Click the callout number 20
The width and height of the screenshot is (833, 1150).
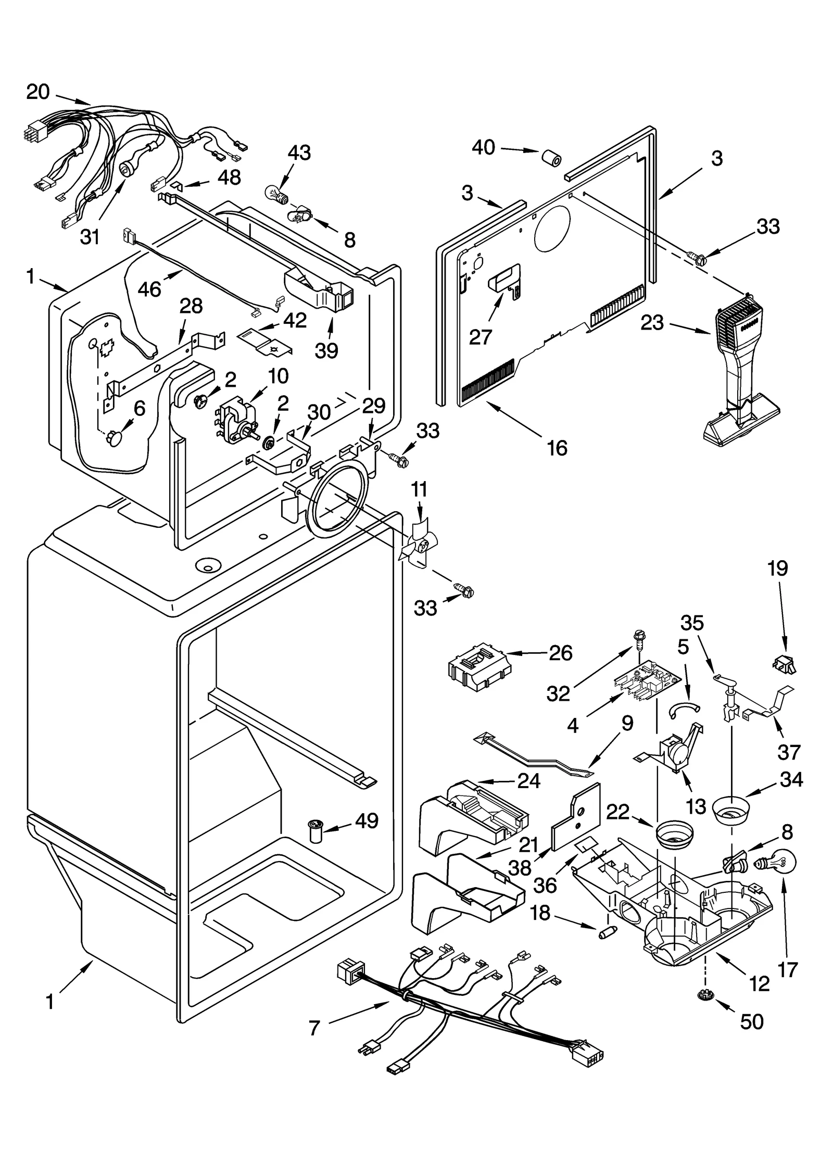point(37,92)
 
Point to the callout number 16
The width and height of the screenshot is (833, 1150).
point(557,448)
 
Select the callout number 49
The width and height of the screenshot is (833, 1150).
point(366,821)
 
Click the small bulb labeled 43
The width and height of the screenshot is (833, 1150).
point(277,196)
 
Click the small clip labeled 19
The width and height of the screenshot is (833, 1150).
point(785,664)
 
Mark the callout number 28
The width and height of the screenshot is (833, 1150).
point(191,306)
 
